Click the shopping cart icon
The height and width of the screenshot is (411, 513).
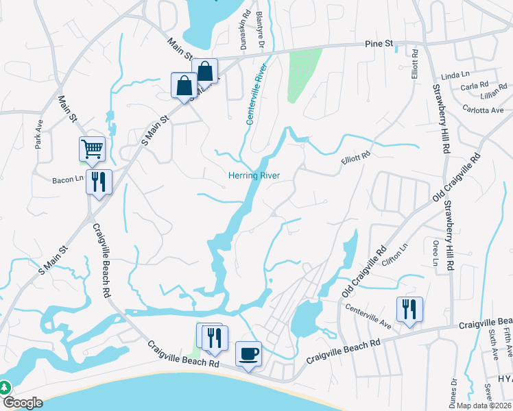pos(92,149)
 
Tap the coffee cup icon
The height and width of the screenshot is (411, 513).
pos(248,353)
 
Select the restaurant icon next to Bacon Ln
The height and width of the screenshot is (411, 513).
pos(99,182)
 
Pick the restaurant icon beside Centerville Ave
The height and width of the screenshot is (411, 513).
pos(409,309)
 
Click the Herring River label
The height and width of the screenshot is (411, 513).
pos(254,176)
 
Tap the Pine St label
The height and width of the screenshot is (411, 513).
pos(378,44)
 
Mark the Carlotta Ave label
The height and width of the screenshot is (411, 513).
pos(483,110)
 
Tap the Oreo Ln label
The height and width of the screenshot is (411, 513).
pos(435,253)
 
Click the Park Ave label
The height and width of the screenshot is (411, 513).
pos(39,136)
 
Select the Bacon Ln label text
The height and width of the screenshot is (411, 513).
pos(67,181)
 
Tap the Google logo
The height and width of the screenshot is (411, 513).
pos(23,403)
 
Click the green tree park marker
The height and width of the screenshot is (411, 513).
pos(5,387)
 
